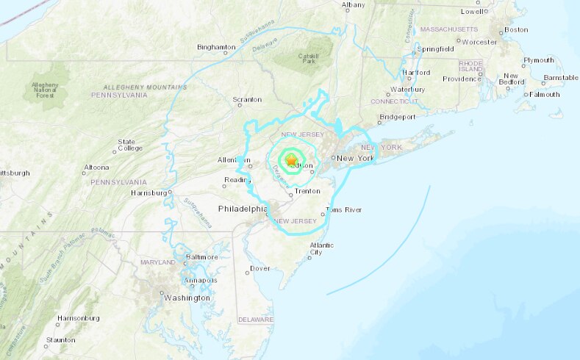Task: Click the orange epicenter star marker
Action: [x=291, y=159]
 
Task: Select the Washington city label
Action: [x=187, y=298]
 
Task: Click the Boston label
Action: [x=516, y=29]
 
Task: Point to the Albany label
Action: [x=353, y=5]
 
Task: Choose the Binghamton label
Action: [x=216, y=47]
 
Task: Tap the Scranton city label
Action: [x=247, y=99]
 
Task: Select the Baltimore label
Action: [x=202, y=257]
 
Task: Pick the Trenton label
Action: [x=307, y=191]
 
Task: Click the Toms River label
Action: [x=344, y=210]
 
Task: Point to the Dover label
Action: [x=260, y=268]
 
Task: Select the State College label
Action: [x=126, y=145]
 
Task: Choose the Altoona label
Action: [x=96, y=167]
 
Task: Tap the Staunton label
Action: [x=60, y=340]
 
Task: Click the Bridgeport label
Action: [x=398, y=117]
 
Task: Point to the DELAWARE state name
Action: [x=256, y=320]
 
